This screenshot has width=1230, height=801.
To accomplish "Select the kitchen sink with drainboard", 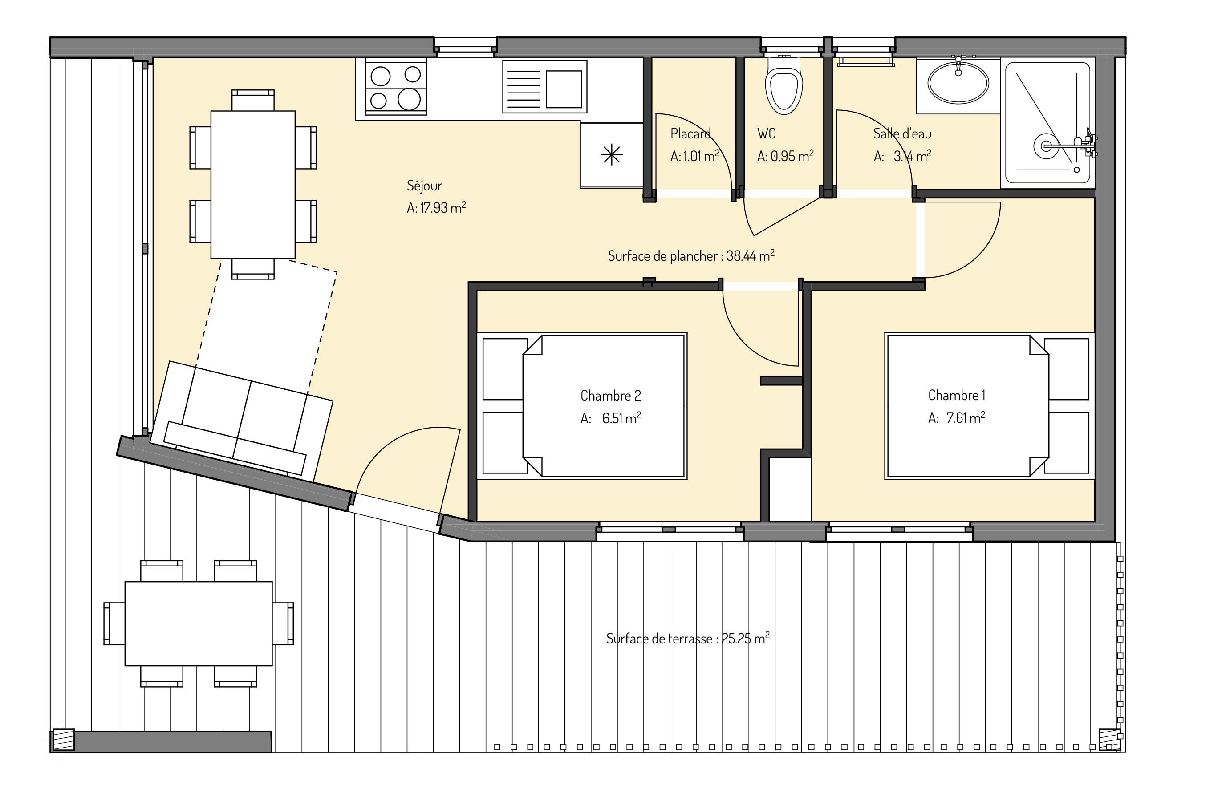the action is click(x=545, y=86).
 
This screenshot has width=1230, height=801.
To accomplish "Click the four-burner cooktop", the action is click(x=395, y=86).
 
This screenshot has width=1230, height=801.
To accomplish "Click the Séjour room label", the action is click(x=424, y=186).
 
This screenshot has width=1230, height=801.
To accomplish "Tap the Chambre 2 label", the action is click(x=611, y=396).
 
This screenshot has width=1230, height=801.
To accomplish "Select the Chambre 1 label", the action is click(x=957, y=395).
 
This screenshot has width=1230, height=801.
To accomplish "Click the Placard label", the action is click(x=690, y=134).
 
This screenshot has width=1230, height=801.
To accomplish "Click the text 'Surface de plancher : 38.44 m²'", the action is click(x=691, y=256).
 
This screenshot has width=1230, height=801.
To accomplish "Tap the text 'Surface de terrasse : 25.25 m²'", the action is click(x=688, y=639).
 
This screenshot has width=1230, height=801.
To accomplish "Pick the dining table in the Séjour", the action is click(x=253, y=185).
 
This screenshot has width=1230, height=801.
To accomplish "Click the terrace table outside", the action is click(x=199, y=624).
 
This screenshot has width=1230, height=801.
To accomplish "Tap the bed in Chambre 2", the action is click(x=604, y=406).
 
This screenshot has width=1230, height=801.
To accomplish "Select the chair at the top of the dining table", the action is click(x=253, y=100).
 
